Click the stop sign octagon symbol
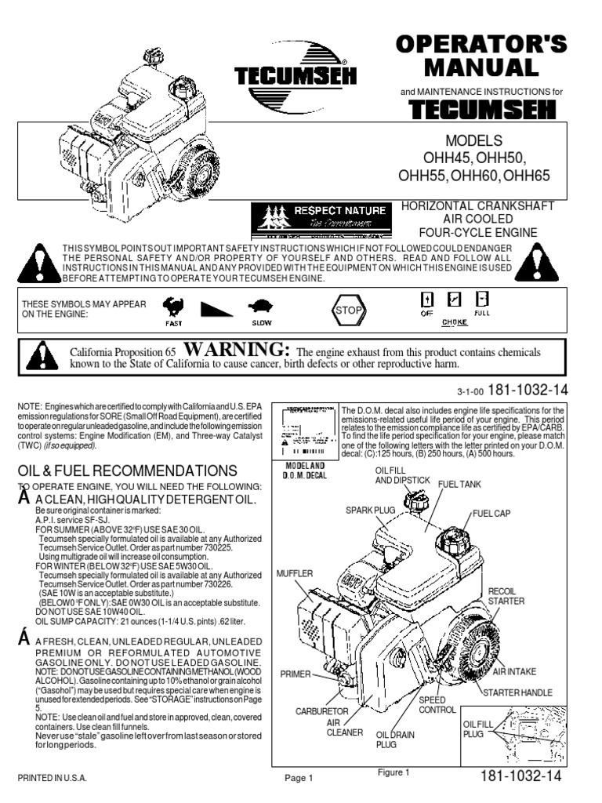[350, 310]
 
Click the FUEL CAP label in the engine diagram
[491, 514]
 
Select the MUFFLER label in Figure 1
[290, 573]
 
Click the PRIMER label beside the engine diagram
[295, 674]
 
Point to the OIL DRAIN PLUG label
[396, 739]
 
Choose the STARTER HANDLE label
[518, 692]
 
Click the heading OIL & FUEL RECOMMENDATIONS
[127, 471]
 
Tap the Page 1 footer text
[299, 778]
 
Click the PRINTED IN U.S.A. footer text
[51, 778]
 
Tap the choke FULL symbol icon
[483, 299]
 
